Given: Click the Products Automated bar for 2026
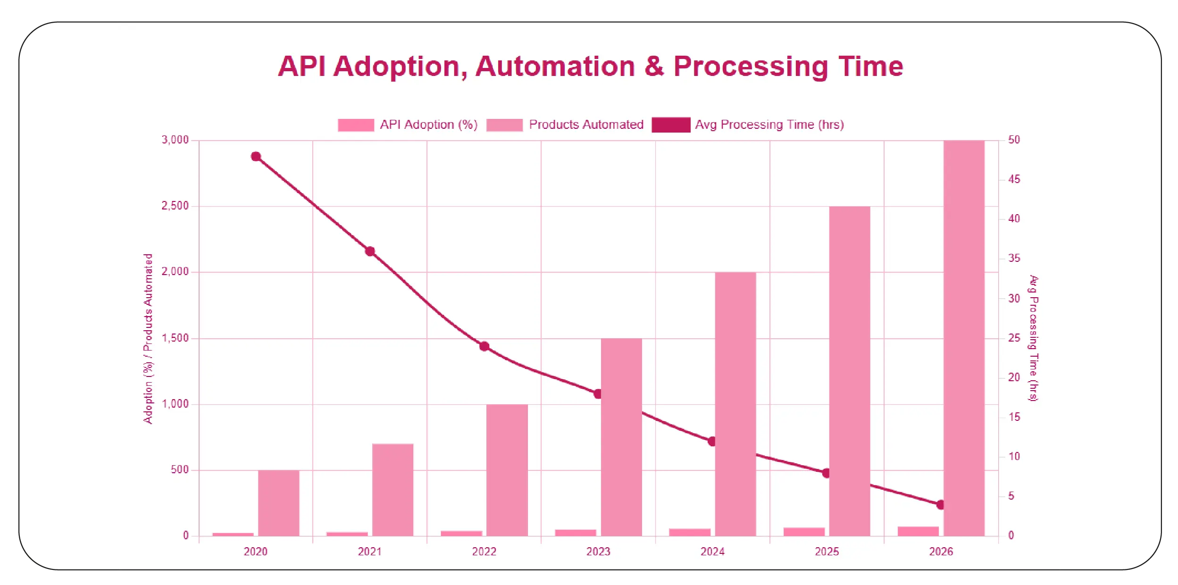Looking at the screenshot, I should (x=963, y=338).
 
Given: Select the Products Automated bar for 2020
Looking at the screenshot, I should (x=278, y=502).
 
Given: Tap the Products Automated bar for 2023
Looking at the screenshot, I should (x=621, y=437).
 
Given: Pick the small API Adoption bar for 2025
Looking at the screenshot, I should (x=803, y=531).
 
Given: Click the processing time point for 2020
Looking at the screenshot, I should (x=256, y=157).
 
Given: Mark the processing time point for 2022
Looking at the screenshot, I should (x=484, y=346).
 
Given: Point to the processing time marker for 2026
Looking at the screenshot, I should (x=941, y=505).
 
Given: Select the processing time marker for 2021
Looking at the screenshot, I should (x=370, y=251).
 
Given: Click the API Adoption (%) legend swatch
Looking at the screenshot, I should (x=356, y=125).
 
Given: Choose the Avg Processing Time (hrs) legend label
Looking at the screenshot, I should (x=769, y=125).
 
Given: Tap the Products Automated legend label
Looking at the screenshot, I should (x=586, y=125).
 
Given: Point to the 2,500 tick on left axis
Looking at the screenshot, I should (x=175, y=206).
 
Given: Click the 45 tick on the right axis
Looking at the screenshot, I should (x=1014, y=179).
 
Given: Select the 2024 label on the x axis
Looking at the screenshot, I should (x=712, y=552).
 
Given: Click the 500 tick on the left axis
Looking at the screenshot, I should (x=180, y=469).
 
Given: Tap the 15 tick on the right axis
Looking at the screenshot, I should (x=1014, y=417).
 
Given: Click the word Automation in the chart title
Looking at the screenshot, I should (x=555, y=66).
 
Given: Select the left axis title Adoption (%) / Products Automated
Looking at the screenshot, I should (x=148, y=338).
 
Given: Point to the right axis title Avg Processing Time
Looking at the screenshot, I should (x=1033, y=338).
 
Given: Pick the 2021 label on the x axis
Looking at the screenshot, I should (x=369, y=552).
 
